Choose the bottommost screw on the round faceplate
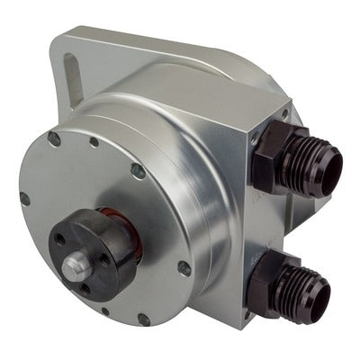[x=144, y=319]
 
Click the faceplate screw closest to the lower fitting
[x=184, y=267]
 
